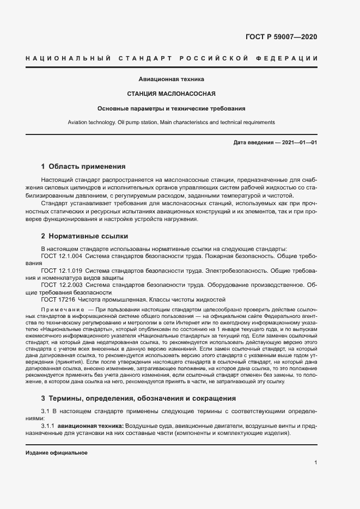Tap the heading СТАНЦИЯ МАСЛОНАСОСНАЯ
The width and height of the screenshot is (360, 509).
(x=172, y=93)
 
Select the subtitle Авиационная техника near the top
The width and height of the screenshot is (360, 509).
(x=172, y=79)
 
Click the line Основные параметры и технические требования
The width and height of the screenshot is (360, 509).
(x=172, y=108)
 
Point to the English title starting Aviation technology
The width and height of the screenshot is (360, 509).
(x=172, y=122)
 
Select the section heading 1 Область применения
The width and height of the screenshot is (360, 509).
(x=83, y=166)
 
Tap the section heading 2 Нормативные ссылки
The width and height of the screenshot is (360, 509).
(x=84, y=236)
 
